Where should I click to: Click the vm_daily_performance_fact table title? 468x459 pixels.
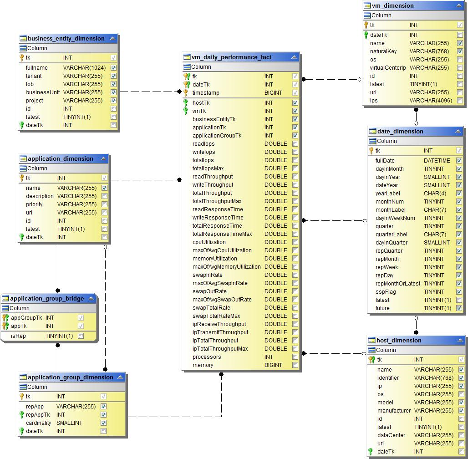pos(231,57)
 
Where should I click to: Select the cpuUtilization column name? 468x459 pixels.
pos(209,242)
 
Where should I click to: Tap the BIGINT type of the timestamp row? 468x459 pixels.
pos(273,93)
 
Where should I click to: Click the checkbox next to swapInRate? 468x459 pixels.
pos(295,275)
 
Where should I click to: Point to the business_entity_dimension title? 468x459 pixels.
pos(66,39)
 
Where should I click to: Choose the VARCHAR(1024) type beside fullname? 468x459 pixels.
pos(84,68)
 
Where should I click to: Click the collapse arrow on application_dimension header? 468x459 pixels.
pos(104,159)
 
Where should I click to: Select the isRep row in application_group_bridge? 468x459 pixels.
pos(19,336)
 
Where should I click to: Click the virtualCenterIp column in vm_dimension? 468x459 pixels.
pos(388,68)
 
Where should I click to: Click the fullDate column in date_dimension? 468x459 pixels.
pos(385,161)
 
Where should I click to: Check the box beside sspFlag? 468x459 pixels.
pos(459,292)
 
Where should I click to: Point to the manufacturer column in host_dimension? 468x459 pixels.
pos(394,411)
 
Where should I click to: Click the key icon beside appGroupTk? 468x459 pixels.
pos(5,318)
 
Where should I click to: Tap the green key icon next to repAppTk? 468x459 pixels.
pos(21,415)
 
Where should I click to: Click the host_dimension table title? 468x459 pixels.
pos(399,341)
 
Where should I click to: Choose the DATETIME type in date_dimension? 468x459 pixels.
pos(437,161)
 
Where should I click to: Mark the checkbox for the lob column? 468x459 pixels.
pos(113,84)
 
